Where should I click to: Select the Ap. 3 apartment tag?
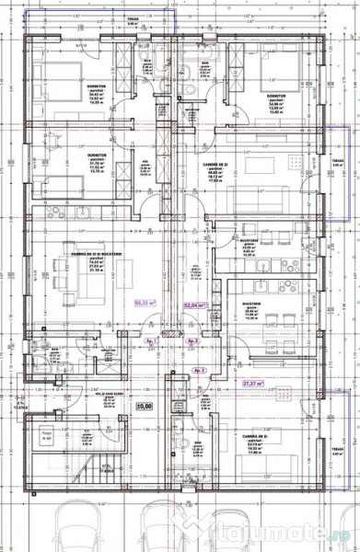(x=198, y=369)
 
